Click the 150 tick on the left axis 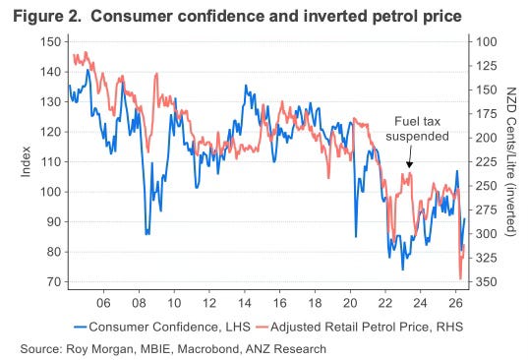tap(51, 42)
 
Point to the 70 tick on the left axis tap(54, 281)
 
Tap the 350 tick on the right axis tap(486, 281)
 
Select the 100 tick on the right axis tap(486, 42)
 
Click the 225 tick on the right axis tap(486, 162)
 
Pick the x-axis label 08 tap(139, 303)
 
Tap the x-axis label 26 tap(455, 303)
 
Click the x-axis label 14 tap(245, 303)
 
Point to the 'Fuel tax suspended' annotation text tap(417, 129)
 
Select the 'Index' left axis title tap(26, 161)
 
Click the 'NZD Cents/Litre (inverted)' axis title tap(511, 161)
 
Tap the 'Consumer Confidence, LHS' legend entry tap(162, 327)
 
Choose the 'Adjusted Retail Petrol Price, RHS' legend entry tap(359, 327)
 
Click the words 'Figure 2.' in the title tap(47, 16)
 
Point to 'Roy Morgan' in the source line tap(99, 349)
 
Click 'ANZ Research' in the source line tap(286, 349)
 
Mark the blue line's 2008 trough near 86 tap(147, 234)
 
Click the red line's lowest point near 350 tap(460, 279)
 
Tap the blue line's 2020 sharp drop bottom tap(356, 237)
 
